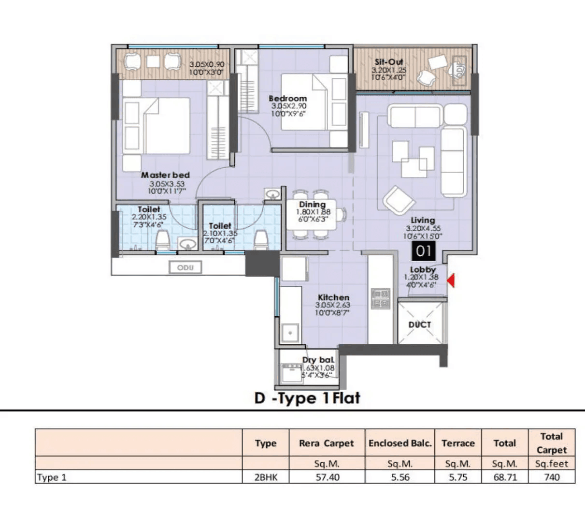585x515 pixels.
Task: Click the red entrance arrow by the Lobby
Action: tap(450, 280)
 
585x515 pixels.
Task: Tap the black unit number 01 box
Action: tap(423, 251)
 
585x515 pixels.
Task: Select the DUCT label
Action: tap(419, 324)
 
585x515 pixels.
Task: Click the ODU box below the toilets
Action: tap(185, 267)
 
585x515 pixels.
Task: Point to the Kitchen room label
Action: tap(333, 297)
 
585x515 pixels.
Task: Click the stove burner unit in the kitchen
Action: tap(380, 298)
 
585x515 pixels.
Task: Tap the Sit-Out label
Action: tap(389, 62)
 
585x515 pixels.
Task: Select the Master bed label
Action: tap(165, 175)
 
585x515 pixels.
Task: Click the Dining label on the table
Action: tap(312, 205)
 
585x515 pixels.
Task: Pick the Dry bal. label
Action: tap(318, 360)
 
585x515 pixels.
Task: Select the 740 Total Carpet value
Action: tap(552, 477)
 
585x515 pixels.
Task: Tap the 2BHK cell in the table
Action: tap(265, 477)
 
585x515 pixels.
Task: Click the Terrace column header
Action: tap(457, 443)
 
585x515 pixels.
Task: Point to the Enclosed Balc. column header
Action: tap(400, 443)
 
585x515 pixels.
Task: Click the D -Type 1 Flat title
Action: tap(307, 398)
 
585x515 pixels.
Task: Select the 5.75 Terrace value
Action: tap(457, 477)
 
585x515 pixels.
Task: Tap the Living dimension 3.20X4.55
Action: tap(423, 228)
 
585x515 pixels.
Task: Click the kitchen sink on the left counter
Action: tap(290, 333)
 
